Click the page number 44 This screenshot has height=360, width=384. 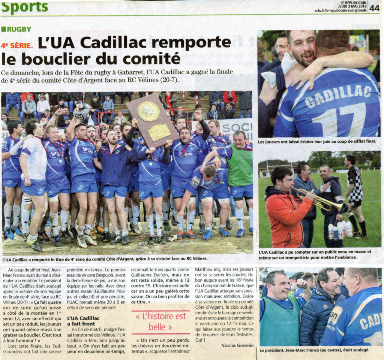coord(374,8)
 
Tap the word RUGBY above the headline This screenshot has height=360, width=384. coord(18,29)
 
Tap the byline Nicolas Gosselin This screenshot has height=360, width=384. coord(237,345)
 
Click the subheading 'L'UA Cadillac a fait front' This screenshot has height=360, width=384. coord(83,321)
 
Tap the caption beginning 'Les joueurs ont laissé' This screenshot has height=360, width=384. coord(317,142)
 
